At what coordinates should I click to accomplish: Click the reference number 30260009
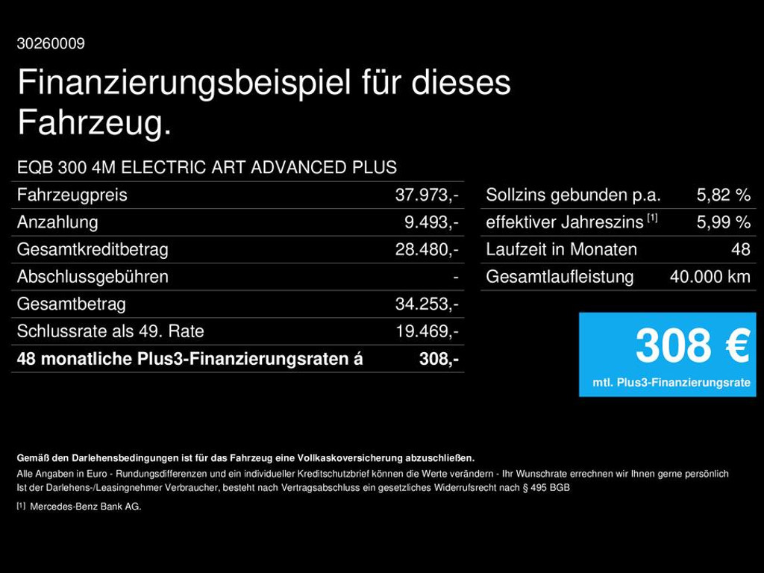click(51, 44)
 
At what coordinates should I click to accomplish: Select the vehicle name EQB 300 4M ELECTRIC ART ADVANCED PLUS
click(207, 167)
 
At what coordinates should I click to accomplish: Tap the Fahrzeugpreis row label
click(72, 195)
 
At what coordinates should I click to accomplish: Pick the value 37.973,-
click(427, 195)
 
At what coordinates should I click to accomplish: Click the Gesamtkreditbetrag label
click(93, 250)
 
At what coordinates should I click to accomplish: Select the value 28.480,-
click(427, 250)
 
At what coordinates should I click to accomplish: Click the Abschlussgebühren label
click(93, 277)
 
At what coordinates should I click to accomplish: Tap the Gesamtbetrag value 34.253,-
click(427, 304)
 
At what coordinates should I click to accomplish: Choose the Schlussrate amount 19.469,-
click(427, 331)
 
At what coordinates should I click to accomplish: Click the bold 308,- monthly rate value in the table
click(439, 359)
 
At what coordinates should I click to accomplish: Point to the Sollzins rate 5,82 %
click(723, 195)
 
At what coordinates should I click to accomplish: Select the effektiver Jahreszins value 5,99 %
click(723, 222)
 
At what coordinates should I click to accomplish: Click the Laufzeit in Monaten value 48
click(740, 250)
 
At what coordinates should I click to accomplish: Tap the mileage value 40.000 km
click(710, 277)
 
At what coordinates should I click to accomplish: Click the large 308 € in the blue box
click(692, 346)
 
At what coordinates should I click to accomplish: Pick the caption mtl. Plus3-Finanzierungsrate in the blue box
click(671, 383)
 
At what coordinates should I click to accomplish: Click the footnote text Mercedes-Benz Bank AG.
click(85, 507)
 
